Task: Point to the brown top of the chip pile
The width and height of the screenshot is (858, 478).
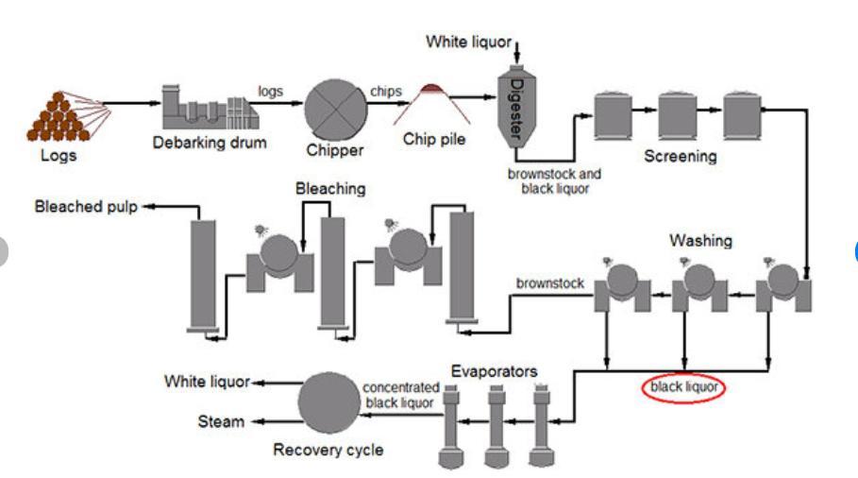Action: (434, 90)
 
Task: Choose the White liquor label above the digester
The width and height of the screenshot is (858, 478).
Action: (468, 42)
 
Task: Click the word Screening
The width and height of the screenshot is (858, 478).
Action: (680, 156)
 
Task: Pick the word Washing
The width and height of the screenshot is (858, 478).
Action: (700, 241)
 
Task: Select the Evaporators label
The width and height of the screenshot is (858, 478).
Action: (494, 371)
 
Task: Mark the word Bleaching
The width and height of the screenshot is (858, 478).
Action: (330, 189)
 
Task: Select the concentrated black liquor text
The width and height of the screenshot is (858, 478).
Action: (401, 395)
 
